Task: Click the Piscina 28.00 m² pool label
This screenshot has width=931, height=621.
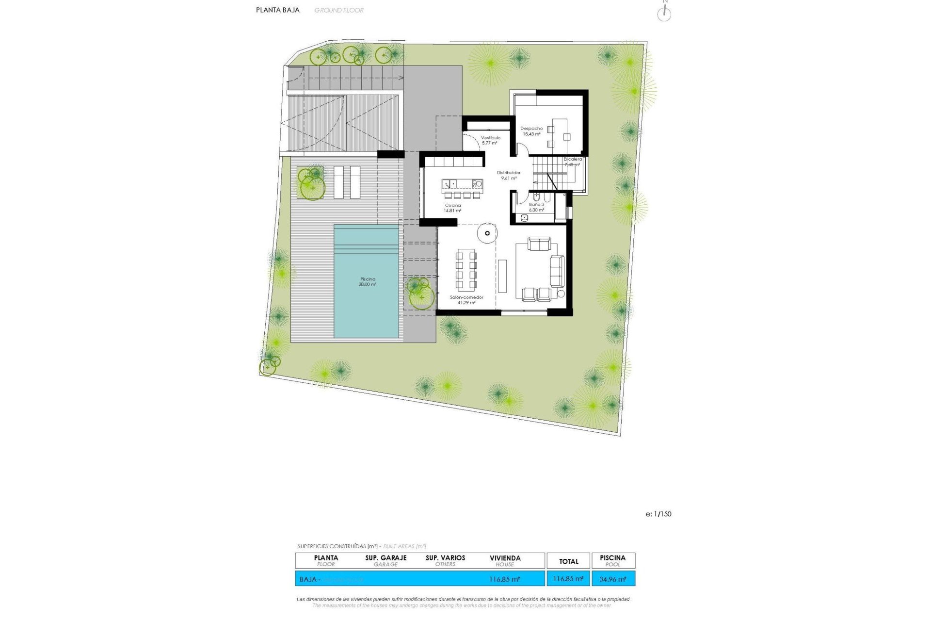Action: [368, 282]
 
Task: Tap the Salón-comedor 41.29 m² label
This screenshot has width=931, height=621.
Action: [466, 300]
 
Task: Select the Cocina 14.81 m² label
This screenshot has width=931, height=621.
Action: [452, 208]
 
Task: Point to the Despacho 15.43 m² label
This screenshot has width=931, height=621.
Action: [531, 131]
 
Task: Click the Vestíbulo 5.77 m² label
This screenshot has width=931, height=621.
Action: [490, 140]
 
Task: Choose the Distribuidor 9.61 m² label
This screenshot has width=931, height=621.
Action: [509, 175]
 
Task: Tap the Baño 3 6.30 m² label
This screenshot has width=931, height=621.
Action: [536, 207]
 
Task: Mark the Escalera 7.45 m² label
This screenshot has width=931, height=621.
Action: [573, 162]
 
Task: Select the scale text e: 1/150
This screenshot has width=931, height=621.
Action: [658, 514]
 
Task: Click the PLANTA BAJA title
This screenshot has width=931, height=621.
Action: [278, 10]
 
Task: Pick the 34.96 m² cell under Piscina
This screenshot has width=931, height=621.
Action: [613, 579]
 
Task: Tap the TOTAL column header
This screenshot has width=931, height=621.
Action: [568, 561]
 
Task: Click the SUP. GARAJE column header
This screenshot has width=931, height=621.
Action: [386, 560]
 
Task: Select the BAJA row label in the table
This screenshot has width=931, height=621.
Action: [308, 579]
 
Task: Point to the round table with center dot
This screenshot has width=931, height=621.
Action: [487, 233]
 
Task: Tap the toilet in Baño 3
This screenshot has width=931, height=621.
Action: [536, 197]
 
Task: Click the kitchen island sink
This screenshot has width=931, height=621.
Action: [449, 184]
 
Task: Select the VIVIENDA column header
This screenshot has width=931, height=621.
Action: [505, 560]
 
